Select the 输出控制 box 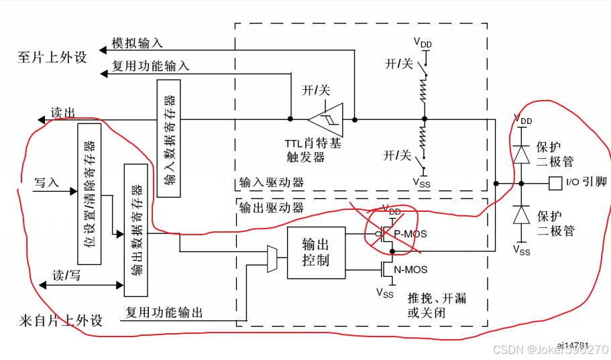pyautogui.click(x=316, y=252)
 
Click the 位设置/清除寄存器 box pyautogui.click(x=89, y=193)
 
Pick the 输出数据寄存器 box pyautogui.click(x=136, y=229)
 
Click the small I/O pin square pyautogui.click(x=554, y=182)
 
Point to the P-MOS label pyautogui.click(x=410, y=234)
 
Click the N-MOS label pyautogui.click(x=410, y=270)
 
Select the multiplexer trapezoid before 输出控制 pyautogui.click(x=272, y=259)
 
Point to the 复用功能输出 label pyautogui.click(x=164, y=313)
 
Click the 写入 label pyautogui.click(x=47, y=182)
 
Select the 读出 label pyautogui.click(x=63, y=113)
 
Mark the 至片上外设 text pyautogui.click(x=52, y=57)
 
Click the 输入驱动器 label pyautogui.click(x=272, y=182)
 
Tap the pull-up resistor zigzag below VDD pyautogui.click(x=423, y=91)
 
